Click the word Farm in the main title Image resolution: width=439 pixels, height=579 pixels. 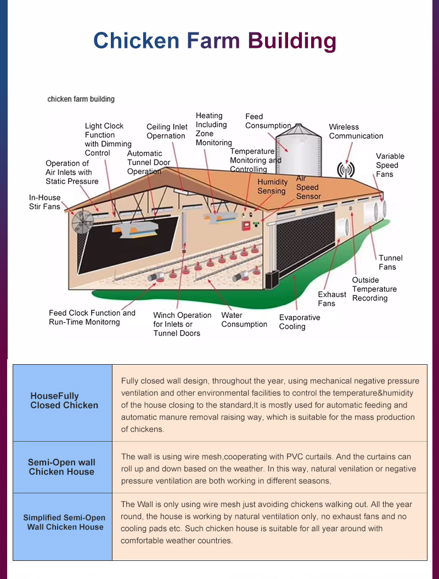click(213, 41)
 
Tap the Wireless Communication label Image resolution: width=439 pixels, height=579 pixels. click(356, 131)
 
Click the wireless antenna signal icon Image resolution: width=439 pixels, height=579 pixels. click(346, 169)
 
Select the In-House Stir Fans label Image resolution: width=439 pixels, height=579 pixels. click(44, 202)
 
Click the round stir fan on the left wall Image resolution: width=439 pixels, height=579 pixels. click(82, 224)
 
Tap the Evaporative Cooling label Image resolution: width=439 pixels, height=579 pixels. click(299, 322)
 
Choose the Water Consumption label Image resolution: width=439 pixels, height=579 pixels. click(244, 320)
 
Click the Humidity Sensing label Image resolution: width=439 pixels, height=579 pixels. click(272, 186)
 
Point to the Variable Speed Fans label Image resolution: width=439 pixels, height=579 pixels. click(390, 165)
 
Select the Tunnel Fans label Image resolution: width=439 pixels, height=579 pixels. click(390, 262)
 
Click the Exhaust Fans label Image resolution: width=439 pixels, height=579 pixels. click(332, 299)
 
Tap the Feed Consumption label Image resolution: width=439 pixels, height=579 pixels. click(268, 121)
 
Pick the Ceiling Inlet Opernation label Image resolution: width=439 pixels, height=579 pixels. click(167, 131)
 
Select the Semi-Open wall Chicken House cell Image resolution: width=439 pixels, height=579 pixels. click(61, 467)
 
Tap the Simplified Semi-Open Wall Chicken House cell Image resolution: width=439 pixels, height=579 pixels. click(64, 522)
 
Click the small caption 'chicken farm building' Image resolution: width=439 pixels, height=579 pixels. click(81, 99)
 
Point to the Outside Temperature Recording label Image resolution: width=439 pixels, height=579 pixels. click(374, 289)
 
